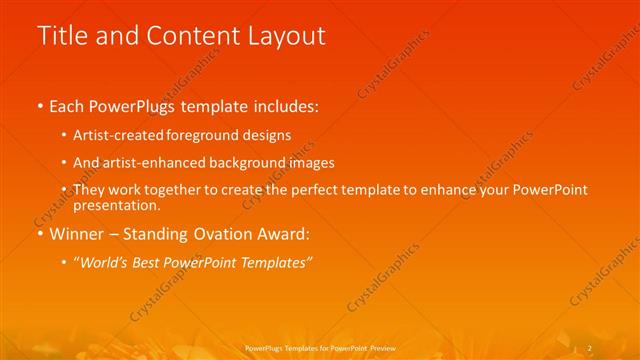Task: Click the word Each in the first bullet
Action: [67, 107]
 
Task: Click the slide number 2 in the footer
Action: [589, 348]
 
